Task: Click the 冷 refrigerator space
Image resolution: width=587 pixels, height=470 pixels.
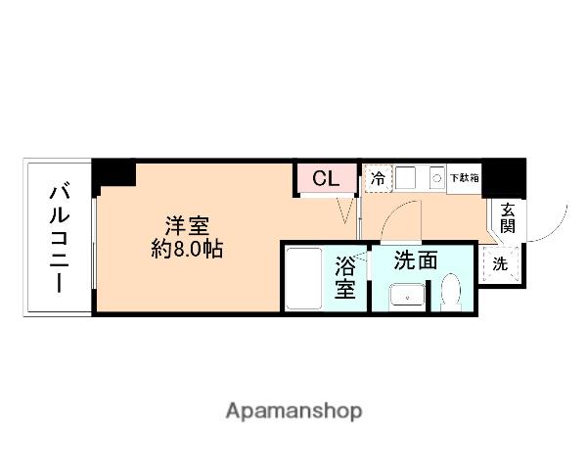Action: (378, 179)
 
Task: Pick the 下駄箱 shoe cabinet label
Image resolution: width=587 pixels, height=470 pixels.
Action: (465, 178)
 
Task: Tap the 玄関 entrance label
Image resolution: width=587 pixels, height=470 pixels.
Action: (508, 217)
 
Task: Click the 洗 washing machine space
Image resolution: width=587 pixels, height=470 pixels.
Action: (500, 263)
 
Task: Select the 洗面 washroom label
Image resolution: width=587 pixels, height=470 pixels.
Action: (415, 261)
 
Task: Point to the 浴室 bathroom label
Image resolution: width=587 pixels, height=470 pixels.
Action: (345, 276)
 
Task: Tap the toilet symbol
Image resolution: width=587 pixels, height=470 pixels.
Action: (451, 293)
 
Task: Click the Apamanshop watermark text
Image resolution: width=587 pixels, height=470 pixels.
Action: (293, 410)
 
